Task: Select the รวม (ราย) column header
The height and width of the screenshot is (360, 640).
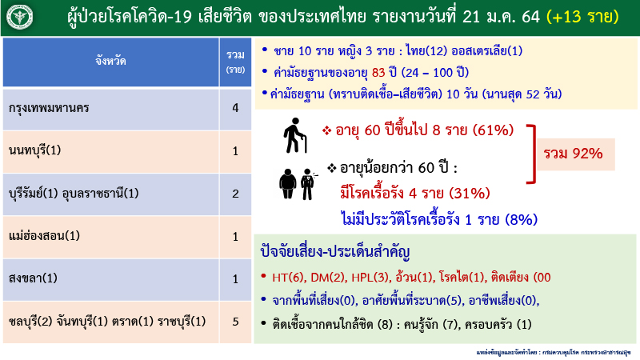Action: [235, 60]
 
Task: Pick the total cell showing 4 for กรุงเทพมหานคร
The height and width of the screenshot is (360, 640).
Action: [235, 106]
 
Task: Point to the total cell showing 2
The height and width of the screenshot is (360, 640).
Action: [235, 193]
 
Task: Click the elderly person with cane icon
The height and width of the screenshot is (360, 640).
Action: [294, 137]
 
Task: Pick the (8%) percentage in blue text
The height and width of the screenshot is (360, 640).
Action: [519, 218]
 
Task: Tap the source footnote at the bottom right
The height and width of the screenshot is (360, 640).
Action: [552, 350]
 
